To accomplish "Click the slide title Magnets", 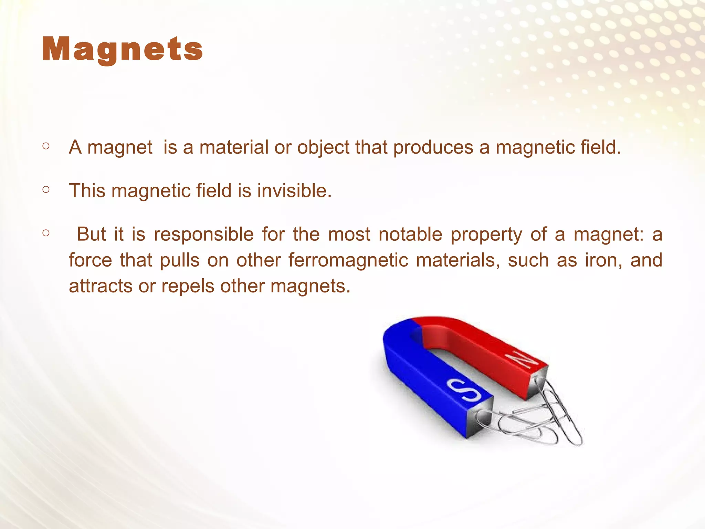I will pos(122,50).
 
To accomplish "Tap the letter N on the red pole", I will pos(524,360).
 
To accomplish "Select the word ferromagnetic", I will pos(348,260).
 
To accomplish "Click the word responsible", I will pos(203,235).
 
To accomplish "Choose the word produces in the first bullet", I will pos(433,147).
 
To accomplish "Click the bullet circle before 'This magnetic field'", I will pos(46,189).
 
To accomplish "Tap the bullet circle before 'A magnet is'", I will pos(46,146).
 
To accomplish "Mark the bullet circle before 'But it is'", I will pos(46,233).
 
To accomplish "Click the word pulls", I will pos(180,260).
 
